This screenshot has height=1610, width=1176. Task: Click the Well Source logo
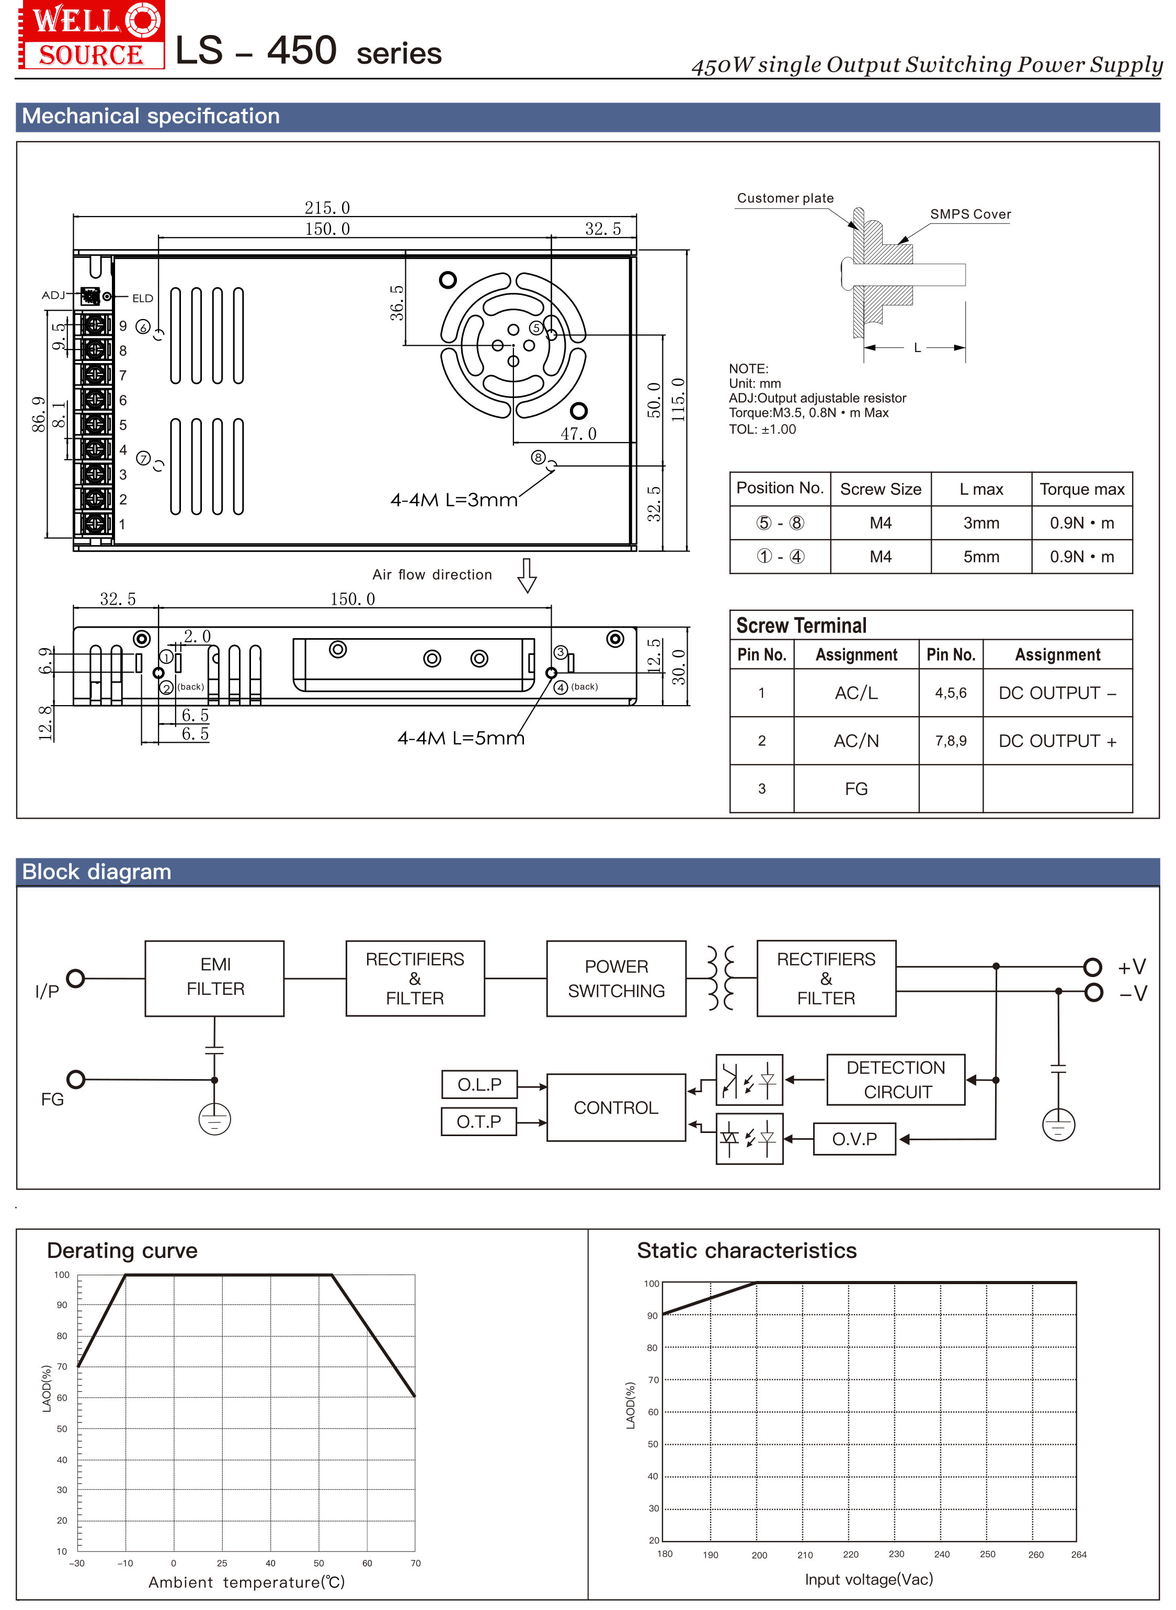point(90,36)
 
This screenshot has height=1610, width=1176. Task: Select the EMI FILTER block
point(214,978)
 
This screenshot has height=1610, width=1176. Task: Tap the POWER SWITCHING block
point(616,978)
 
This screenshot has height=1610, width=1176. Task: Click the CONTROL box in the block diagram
point(616,1107)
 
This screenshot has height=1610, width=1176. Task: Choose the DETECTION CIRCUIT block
point(896,1080)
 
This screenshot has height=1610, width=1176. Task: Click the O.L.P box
point(479,1084)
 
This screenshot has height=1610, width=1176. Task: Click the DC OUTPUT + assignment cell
point(1057,741)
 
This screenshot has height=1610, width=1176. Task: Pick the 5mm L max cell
point(981,557)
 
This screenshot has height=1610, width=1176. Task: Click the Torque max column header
point(1081,489)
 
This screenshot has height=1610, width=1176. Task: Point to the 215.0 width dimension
point(327,208)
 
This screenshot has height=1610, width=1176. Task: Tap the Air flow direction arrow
point(527,575)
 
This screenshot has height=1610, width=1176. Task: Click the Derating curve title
point(122,1251)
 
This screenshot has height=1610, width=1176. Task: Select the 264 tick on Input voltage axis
point(1078,1555)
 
